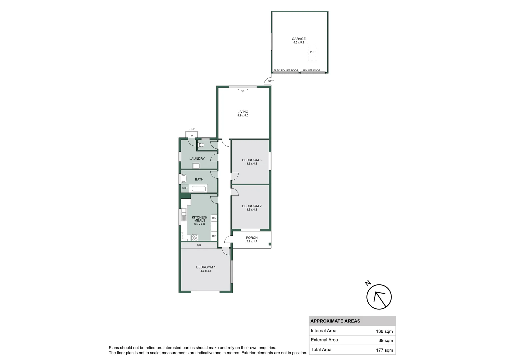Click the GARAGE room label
pyautogui.click(x=298, y=39)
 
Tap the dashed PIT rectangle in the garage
pyautogui.click(x=312, y=52)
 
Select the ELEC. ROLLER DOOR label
pyautogui.click(x=286, y=70)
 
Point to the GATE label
pyautogui.click(x=271, y=81)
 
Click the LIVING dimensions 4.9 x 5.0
pyautogui.click(x=243, y=116)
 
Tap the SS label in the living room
pyautogui.click(x=242, y=91)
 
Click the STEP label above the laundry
pyautogui.click(x=192, y=129)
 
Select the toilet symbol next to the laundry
pyautogui.click(x=201, y=145)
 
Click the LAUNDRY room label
pyautogui.click(x=197, y=159)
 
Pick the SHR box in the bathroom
pyautogui.click(x=185, y=188)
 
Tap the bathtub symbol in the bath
pyautogui.click(x=199, y=189)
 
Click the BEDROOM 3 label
pyautogui.click(x=252, y=160)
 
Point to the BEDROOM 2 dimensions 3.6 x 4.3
pyautogui.click(x=252, y=210)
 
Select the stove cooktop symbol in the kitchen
pyautogui.click(x=195, y=238)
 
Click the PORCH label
pyautogui.click(x=252, y=238)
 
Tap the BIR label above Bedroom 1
pyautogui.click(x=199, y=245)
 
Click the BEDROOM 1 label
pyautogui.click(x=206, y=267)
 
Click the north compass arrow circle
pyautogui.click(x=379, y=297)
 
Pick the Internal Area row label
pyautogui.click(x=323, y=331)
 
